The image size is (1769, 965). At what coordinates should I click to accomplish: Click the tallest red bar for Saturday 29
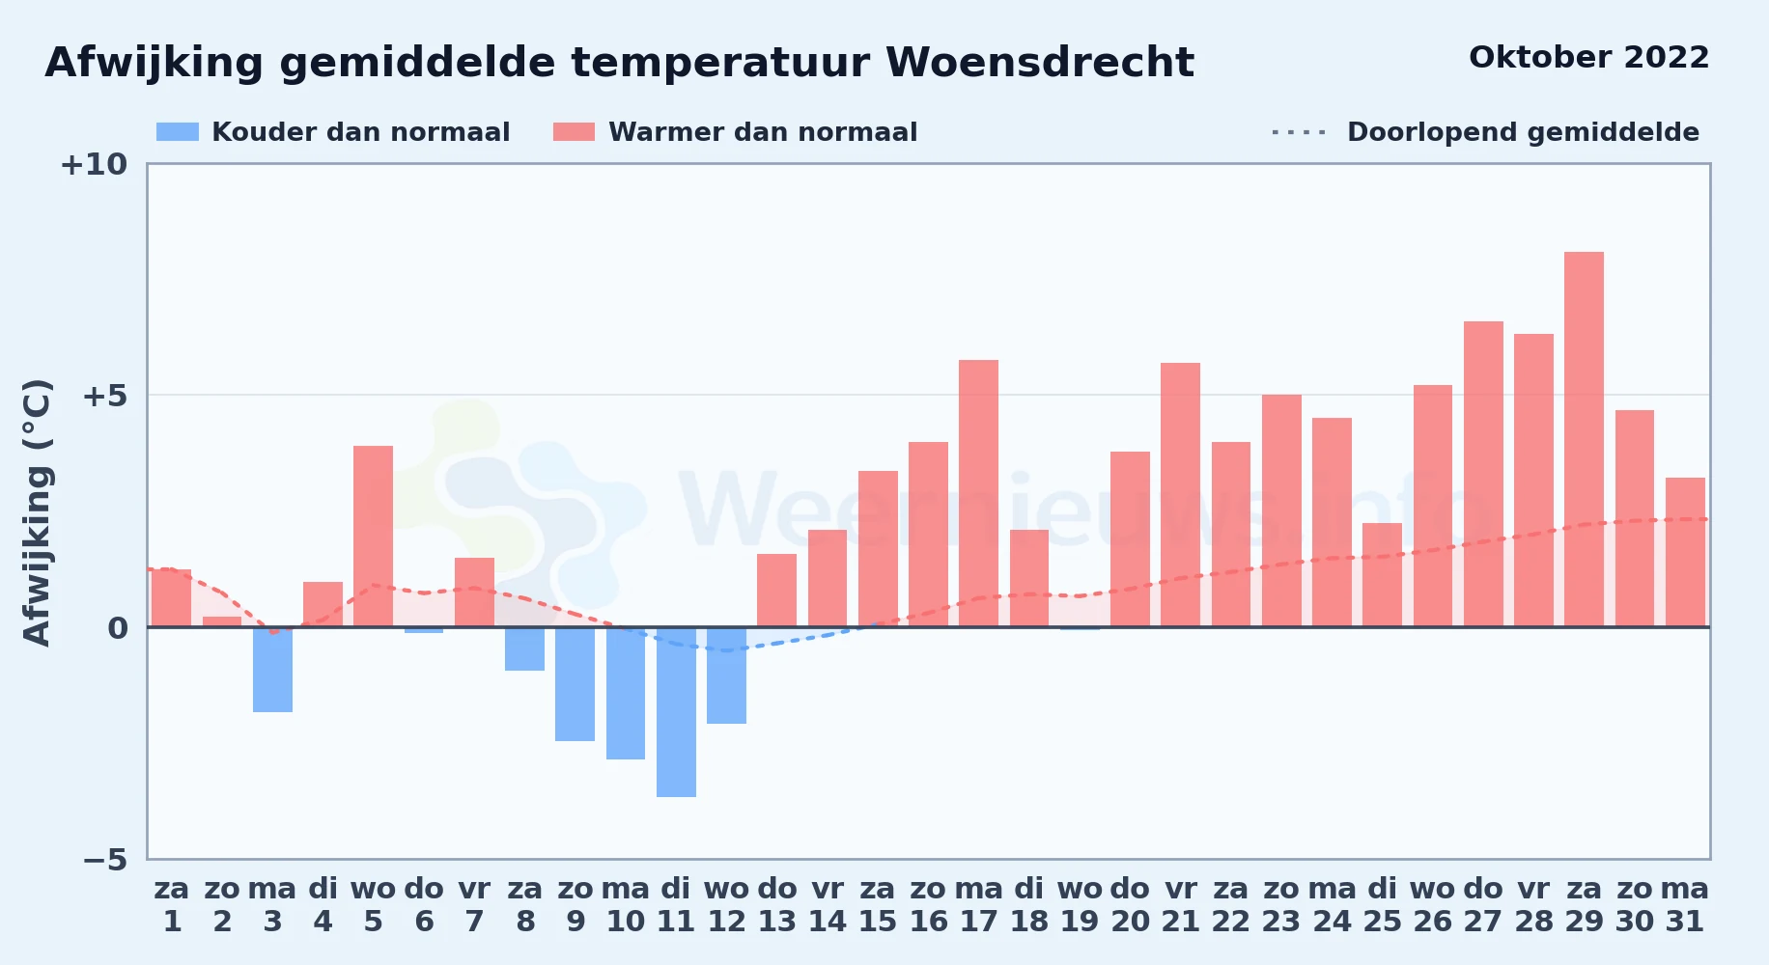(1584, 439)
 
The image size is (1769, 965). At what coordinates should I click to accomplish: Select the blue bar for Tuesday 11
(676, 712)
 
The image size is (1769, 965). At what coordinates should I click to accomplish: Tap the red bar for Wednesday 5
(373, 537)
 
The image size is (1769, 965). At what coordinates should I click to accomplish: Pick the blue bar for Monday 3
(272, 670)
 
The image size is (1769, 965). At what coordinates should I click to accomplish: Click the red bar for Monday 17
(978, 493)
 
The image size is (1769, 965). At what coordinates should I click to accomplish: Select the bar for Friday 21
(1180, 495)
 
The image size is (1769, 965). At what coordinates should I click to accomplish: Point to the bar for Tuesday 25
(1382, 575)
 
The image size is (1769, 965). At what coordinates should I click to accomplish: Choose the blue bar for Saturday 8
(524, 648)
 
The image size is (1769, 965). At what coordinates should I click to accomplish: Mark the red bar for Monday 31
(1685, 552)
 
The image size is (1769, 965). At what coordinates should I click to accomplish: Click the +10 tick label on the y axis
(94, 165)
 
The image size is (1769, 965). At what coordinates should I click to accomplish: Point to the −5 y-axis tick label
(105, 860)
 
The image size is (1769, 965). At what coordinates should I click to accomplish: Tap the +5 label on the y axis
(105, 396)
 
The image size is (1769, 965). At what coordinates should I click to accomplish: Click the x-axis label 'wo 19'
(1080, 904)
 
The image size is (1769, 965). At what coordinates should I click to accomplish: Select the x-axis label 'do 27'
(1482, 904)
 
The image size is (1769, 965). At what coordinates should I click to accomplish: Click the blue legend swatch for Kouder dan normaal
(178, 132)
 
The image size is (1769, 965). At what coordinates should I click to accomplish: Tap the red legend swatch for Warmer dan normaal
(574, 132)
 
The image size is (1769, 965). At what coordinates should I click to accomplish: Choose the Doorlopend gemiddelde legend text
(1523, 132)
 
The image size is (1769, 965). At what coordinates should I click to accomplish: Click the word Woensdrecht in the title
(1040, 63)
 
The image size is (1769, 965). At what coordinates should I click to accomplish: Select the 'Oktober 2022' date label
(1588, 57)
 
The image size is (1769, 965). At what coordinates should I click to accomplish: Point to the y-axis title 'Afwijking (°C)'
(37, 512)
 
